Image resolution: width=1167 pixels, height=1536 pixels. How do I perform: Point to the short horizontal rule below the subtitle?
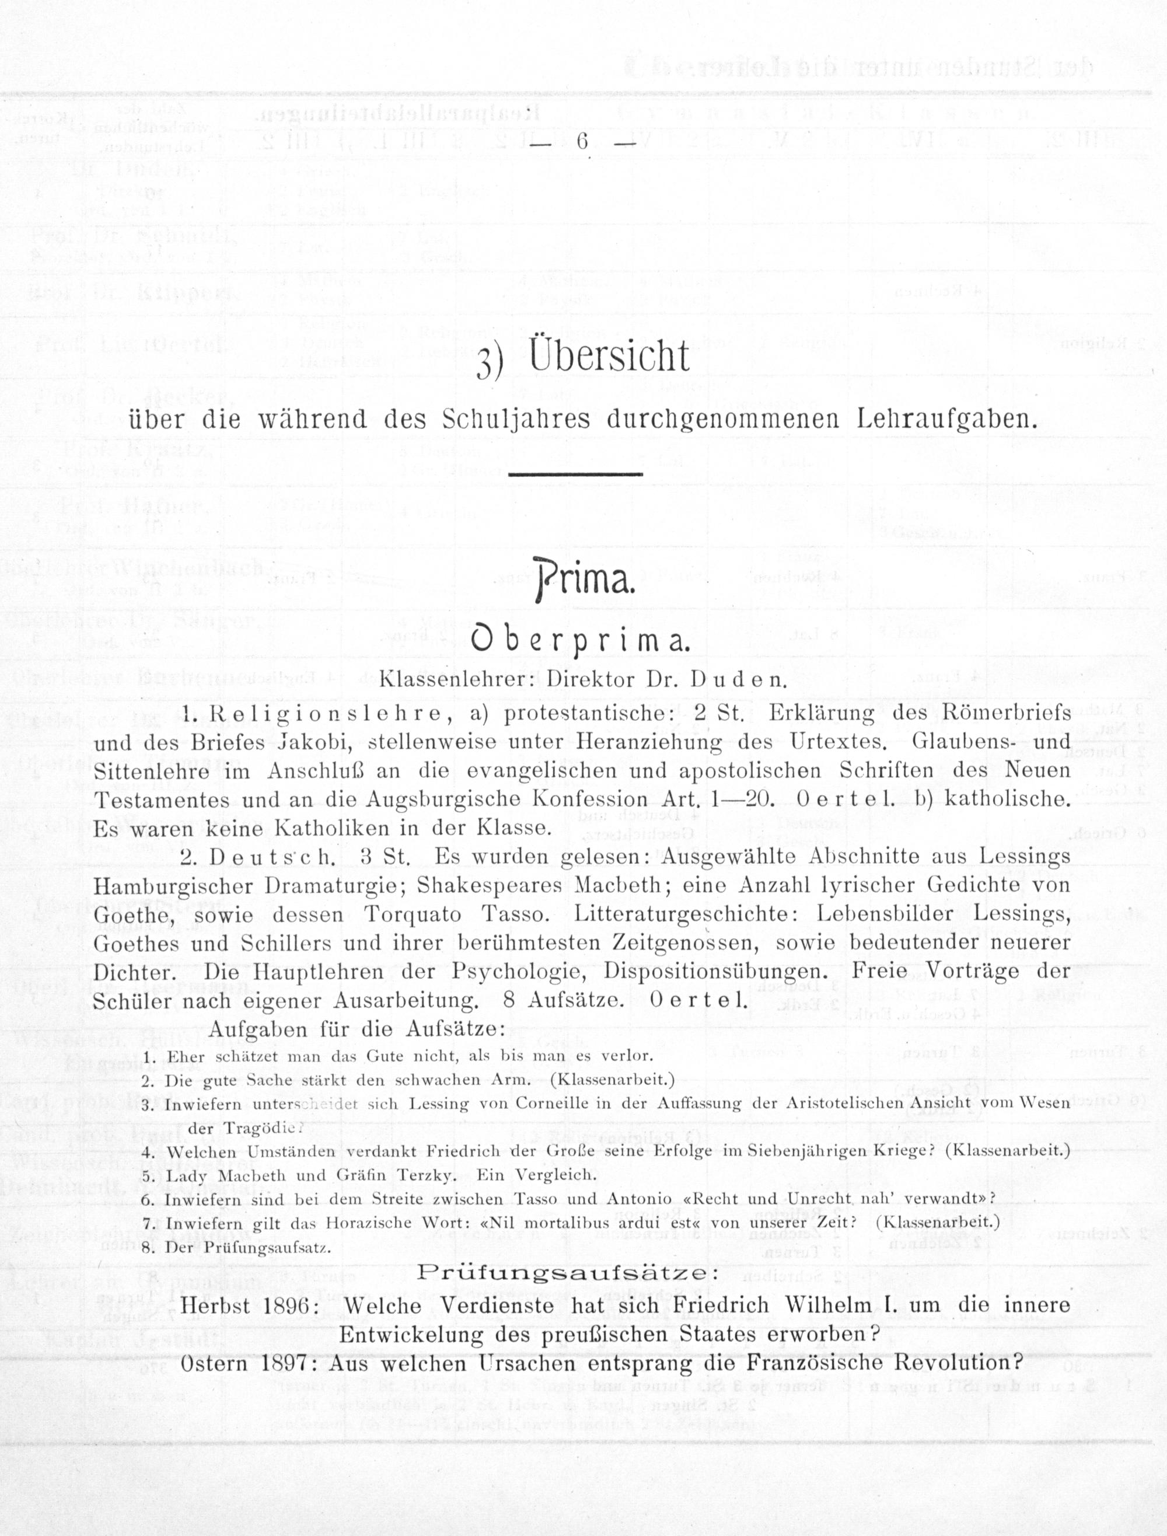coord(576,475)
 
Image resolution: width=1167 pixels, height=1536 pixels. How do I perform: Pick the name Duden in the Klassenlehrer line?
coord(738,679)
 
